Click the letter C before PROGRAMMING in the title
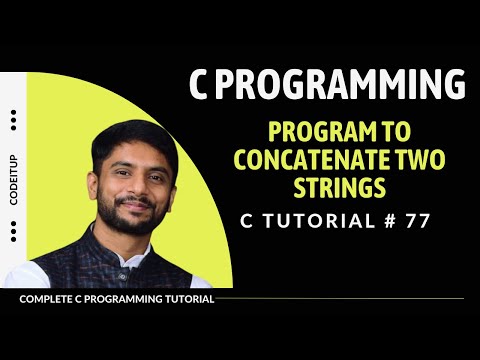click(201, 85)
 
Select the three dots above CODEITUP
click(13, 121)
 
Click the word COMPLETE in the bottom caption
click(48, 299)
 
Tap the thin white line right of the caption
click(340, 298)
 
